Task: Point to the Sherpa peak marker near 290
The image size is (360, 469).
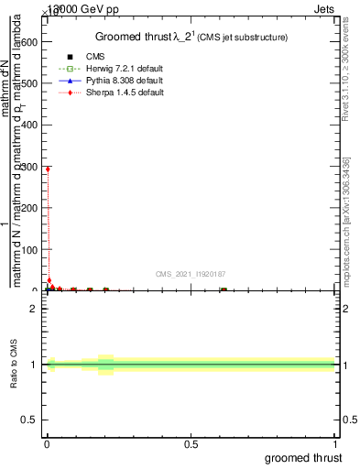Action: click(48, 169)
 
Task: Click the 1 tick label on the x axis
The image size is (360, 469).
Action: click(335, 443)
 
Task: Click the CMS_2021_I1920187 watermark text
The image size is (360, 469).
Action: click(191, 273)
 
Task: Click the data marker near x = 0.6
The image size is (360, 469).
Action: click(223, 289)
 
